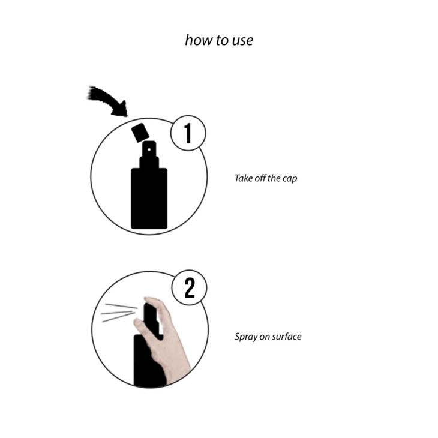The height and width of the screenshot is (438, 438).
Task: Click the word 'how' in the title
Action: pos(197,40)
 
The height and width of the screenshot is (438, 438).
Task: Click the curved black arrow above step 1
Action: pos(109,101)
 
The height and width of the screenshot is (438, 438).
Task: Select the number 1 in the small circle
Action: pos(188,133)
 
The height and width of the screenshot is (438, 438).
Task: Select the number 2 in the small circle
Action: pos(189,289)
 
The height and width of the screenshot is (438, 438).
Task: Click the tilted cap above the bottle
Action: pos(140,132)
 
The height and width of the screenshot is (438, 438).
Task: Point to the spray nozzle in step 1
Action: pos(148,154)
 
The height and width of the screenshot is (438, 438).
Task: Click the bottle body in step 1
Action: pos(149,198)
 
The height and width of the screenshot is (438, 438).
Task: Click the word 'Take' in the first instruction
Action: pos(244,178)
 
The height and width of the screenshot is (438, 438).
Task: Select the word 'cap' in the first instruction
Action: pos(290,179)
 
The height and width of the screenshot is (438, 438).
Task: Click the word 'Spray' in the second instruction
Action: pos(245,337)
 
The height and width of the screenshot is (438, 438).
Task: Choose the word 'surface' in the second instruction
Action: pos(286,337)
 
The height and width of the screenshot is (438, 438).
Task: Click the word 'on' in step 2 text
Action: pos(264,337)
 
